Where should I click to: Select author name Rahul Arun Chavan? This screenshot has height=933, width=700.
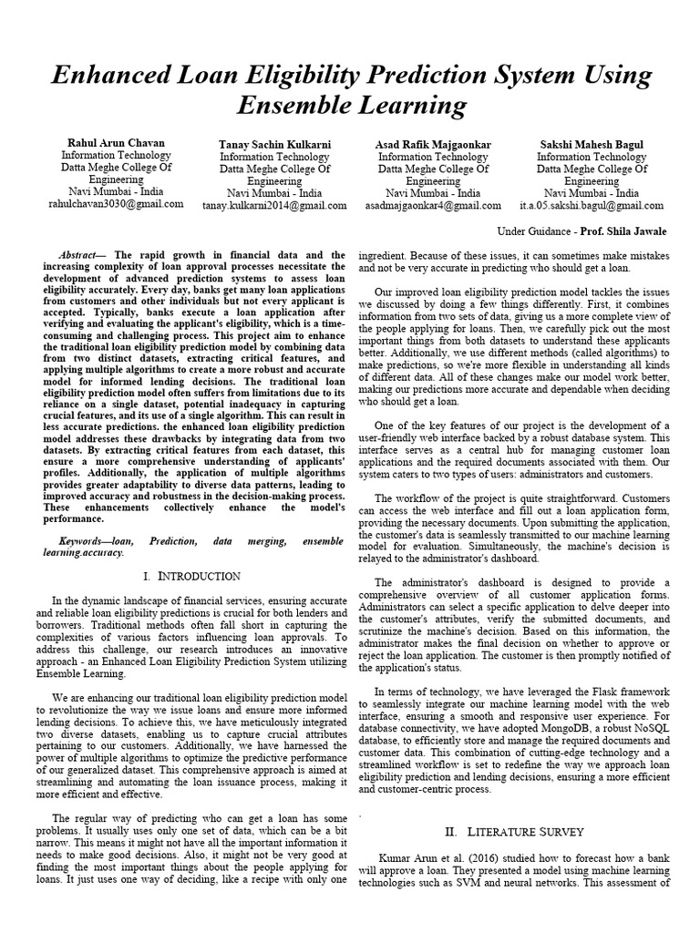coord(116,143)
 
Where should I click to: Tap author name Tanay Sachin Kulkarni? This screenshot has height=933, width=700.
coord(273,145)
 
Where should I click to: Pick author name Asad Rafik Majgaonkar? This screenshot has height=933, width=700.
coord(433,145)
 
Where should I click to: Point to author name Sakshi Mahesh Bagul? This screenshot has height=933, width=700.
coord(592,145)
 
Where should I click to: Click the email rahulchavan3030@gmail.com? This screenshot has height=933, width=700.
coord(116,204)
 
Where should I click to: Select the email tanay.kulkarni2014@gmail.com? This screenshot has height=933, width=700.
coord(273,206)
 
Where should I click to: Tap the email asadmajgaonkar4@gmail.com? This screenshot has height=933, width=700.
coord(433,206)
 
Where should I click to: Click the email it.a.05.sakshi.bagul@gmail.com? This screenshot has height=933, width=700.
coord(592,206)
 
